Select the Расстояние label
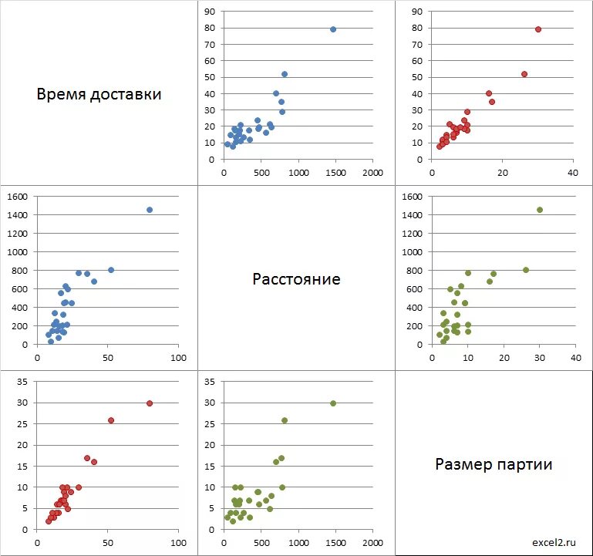[296, 278]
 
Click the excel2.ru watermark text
[553, 542]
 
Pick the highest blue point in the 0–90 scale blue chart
[333, 29]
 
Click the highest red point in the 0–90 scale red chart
[538, 29]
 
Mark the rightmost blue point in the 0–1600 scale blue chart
[150, 210]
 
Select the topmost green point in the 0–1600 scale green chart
[540, 210]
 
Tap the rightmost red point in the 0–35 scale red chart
[150, 403]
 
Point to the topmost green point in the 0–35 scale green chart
[333, 403]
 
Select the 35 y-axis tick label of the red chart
[22, 382]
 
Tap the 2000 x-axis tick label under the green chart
[373, 543]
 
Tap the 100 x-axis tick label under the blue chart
[179, 358]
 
